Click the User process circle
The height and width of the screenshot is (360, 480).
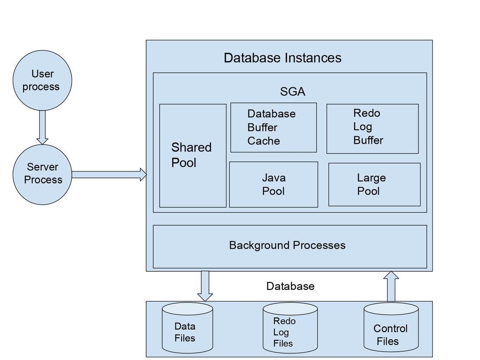pyautogui.click(x=42, y=80)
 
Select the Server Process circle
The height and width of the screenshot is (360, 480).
pyautogui.click(x=42, y=174)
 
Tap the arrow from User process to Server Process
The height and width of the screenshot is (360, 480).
pyautogui.click(x=42, y=127)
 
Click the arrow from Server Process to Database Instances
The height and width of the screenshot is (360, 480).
pyautogui.click(x=109, y=175)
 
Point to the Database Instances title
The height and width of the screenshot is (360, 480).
pyautogui.click(x=282, y=58)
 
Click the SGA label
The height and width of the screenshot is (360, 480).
pyautogui.click(x=292, y=92)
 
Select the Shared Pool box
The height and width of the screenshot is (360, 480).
pyautogui.click(x=192, y=155)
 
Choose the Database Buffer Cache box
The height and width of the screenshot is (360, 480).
pyautogui.click(x=273, y=127)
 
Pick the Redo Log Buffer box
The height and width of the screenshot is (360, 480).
pyautogui.click(x=372, y=128)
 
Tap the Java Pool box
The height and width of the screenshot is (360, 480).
pyautogui.click(x=274, y=184)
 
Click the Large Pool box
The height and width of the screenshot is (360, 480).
pyautogui.click(x=374, y=184)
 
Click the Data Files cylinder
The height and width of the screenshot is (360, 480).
pyautogui.click(x=187, y=329)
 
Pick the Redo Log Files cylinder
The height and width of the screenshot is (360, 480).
pyautogui.click(x=290, y=329)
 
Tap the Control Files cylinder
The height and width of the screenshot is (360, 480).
pyautogui.click(x=391, y=329)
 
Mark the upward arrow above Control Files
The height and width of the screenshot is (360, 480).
pyautogui.click(x=391, y=286)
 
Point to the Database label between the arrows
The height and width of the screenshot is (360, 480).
pyautogui.click(x=290, y=286)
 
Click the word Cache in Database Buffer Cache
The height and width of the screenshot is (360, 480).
pyautogui.click(x=264, y=141)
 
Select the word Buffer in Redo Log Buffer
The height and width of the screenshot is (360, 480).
pyautogui.click(x=368, y=140)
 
